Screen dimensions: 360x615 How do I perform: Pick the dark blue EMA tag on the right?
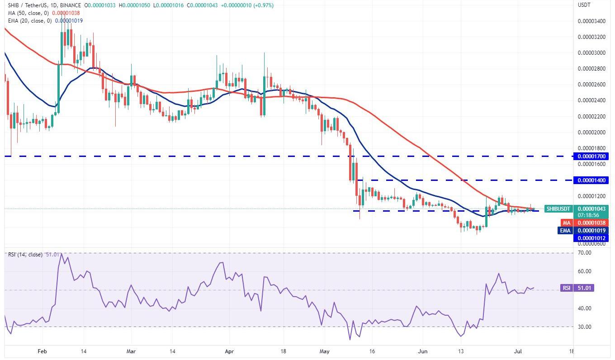coord(565,230)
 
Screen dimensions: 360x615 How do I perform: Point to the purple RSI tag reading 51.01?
coord(566,288)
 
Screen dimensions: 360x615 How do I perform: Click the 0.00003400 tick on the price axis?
coord(592,21)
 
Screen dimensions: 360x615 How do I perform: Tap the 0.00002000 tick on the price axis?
coord(592,132)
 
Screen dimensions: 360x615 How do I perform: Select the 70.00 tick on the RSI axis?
coord(584,253)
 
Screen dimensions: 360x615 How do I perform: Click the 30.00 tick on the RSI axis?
coord(584,327)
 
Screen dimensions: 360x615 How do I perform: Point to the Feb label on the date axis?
coord(43,351)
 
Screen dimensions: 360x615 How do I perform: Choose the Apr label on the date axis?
coord(229,351)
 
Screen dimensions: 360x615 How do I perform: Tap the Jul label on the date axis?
coord(521,351)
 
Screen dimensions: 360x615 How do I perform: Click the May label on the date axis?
coord(325,351)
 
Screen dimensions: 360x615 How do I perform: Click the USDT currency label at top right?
coord(584,5)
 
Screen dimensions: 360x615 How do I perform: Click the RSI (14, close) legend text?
coord(25,255)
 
